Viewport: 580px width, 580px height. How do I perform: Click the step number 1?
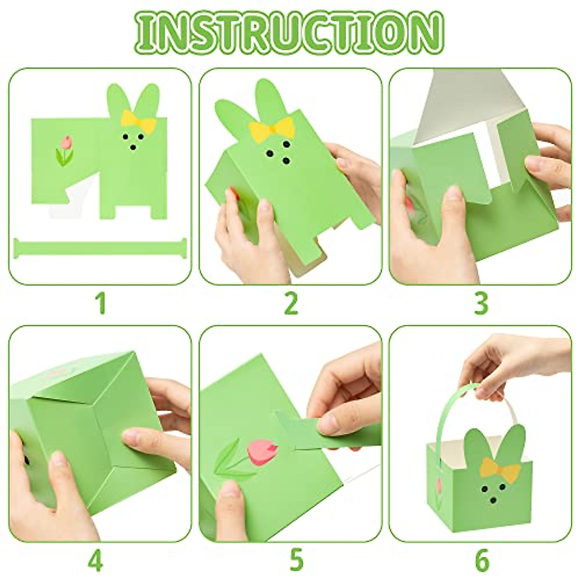pos(101,304)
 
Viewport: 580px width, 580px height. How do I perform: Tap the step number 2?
pos(290,304)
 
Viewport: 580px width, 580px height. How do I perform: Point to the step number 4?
pos(96,561)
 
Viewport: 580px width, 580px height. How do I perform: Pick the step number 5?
pos(296,561)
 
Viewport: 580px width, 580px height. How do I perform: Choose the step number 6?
pos(482,561)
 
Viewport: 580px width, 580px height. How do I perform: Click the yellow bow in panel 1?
pos(138,121)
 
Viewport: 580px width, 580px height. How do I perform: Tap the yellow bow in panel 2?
pos(272,129)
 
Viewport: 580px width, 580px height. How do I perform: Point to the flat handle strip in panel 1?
pos(100,247)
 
